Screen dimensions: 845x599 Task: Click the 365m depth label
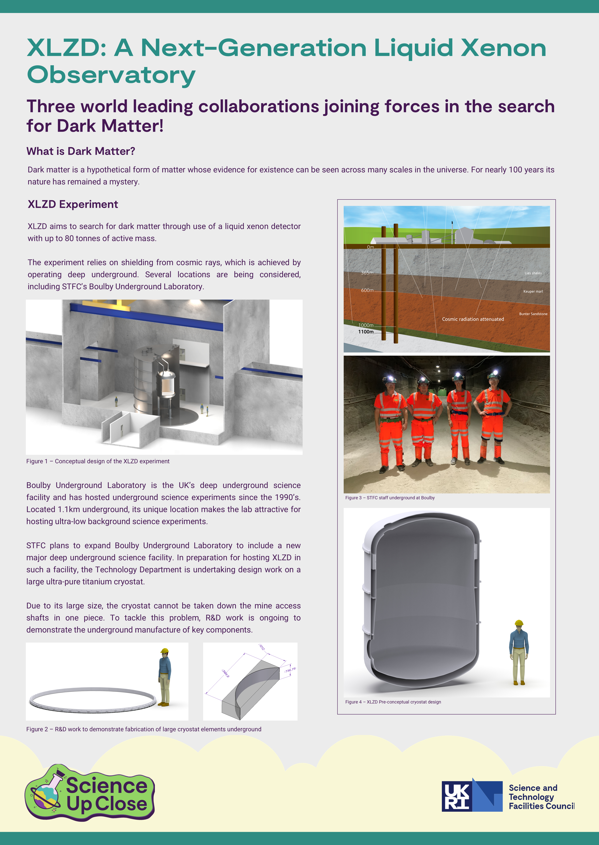point(367,273)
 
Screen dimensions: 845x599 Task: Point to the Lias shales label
point(533,273)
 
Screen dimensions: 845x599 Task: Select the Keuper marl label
point(533,291)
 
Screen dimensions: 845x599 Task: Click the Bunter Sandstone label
point(533,314)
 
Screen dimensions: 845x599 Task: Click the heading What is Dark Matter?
point(81,151)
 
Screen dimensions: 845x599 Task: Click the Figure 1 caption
point(98,461)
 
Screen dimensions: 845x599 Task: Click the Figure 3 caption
point(390,498)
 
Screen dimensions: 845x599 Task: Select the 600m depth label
point(367,290)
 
